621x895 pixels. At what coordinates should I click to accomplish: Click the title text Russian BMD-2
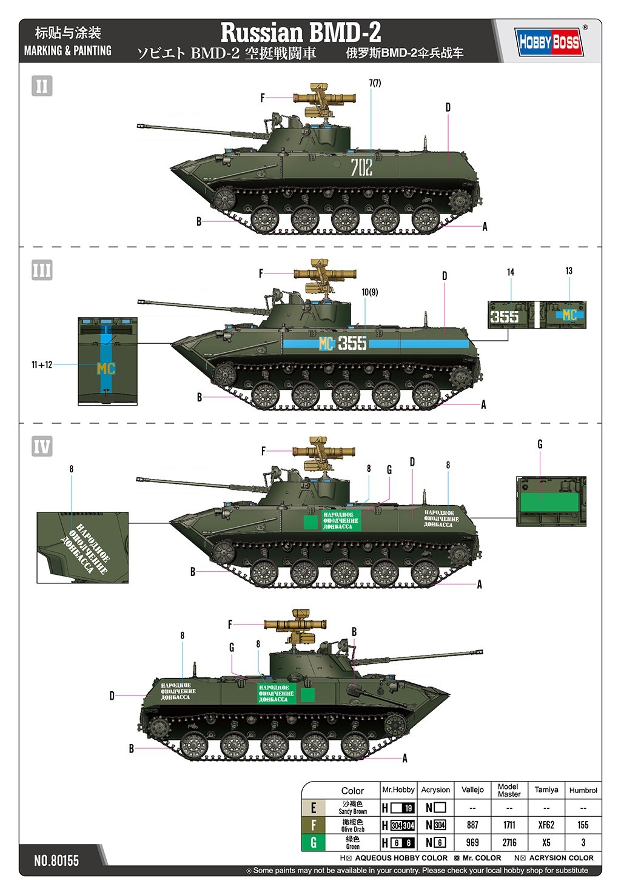(x=300, y=32)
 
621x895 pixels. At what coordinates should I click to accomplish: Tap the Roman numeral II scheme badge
(x=42, y=86)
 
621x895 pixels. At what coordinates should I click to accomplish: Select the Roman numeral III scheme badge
(x=42, y=270)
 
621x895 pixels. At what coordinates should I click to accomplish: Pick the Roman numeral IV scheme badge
(x=42, y=447)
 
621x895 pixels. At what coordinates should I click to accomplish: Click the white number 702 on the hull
(x=361, y=167)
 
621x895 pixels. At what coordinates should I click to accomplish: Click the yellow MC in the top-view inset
(x=106, y=369)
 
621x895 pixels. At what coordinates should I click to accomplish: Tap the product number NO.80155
(x=56, y=860)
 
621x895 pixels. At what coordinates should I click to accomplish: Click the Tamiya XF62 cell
(x=546, y=825)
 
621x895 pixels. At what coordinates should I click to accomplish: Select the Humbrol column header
(x=583, y=790)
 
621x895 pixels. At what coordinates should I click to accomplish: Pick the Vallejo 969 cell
(x=472, y=842)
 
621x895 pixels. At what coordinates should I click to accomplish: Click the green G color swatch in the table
(x=314, y=842)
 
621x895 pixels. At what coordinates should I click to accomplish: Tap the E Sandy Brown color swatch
(x=314, y=808)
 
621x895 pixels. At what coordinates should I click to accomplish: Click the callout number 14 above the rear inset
(x=511, y=272)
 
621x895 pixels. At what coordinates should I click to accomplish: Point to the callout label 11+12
(x=42, y=364)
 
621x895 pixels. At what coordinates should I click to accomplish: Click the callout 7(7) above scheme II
(x=375, y=83)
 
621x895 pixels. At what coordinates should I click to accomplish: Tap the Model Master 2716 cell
(x=509, y=842)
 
